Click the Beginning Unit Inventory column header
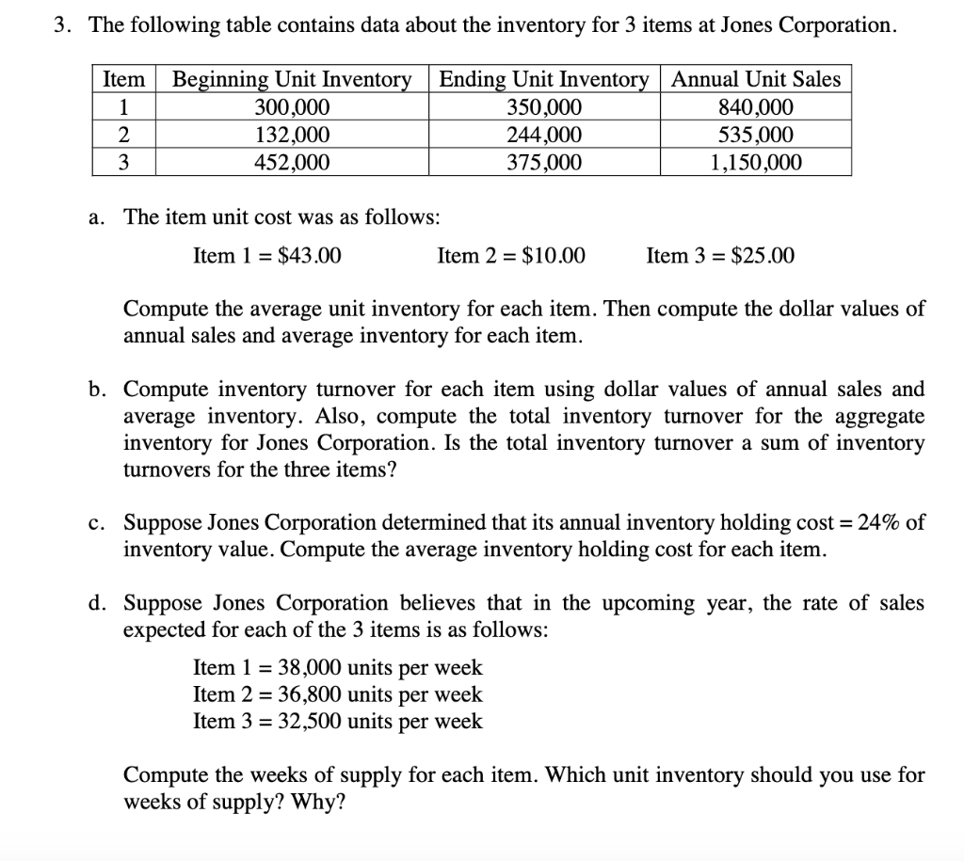(292, 79)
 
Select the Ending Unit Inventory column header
(544, 79)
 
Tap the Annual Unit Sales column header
(756, 79)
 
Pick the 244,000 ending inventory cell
(544, 135)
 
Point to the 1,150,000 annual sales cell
(756, 163)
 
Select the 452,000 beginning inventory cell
(292, 163)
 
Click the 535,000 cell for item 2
(756, 135)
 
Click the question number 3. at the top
(63, 25)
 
